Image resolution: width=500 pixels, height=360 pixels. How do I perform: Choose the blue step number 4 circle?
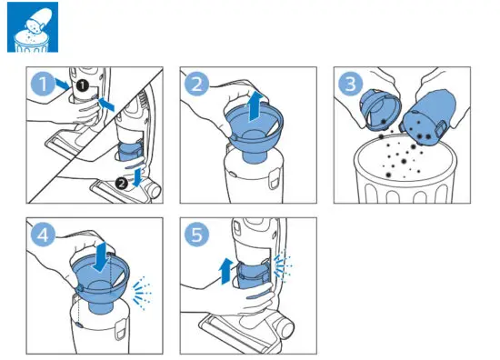click(x=39, y=234)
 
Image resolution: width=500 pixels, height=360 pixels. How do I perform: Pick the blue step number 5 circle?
click(x=195, y=234)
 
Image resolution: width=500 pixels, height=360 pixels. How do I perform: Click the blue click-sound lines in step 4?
click(x=142, y=293)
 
